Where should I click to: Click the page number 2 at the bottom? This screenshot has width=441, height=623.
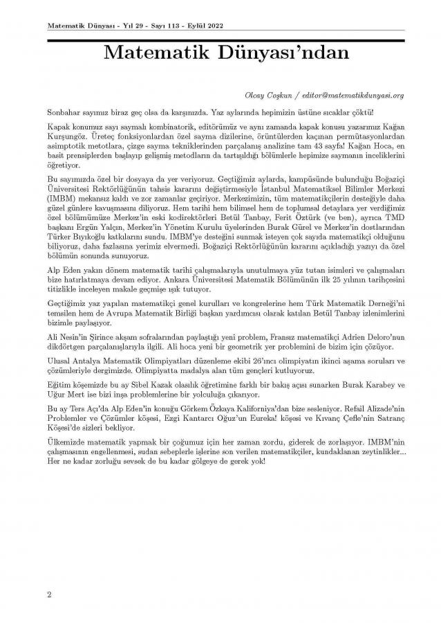tap(49, 594)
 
